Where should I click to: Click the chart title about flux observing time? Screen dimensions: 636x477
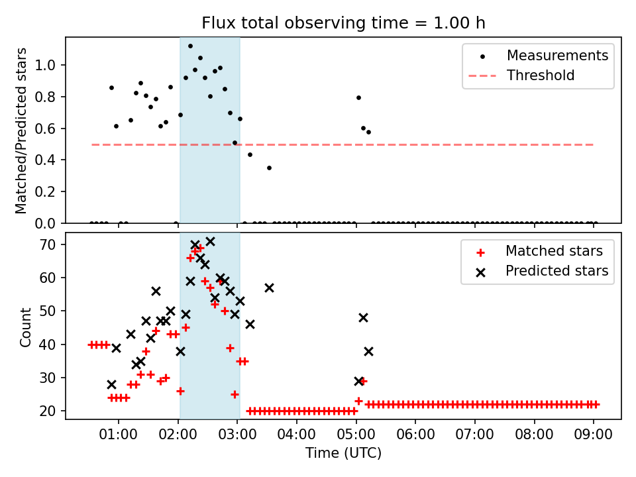click(x=344, y=23)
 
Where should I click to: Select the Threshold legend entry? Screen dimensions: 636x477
click(x=521, y=76)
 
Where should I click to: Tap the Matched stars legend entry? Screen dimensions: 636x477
click(x=539, y=251)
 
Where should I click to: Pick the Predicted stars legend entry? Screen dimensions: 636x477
click(x=542, y=271)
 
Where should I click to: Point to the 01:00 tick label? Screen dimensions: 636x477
click(x=118, y=435)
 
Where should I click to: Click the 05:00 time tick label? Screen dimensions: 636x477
click(x=356, y=435)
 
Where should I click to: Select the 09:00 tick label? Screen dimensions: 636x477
click(x=594, y=435)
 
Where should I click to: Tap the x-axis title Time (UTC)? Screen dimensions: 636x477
click(x=344, y=453)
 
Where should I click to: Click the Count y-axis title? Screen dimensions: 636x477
click(x=25, y=327)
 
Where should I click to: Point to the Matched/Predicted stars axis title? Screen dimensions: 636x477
click(x=21, y=131)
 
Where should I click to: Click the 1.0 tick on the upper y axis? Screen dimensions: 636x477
click(x=45, y=65)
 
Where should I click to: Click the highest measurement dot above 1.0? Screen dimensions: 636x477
click(x=190, y=46)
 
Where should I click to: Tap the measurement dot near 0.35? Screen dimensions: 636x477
click(x=269, y=168)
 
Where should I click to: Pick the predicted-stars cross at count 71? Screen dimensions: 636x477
click(x=210, y=242)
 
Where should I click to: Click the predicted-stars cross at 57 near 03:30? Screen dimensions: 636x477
click(x=269, y=288)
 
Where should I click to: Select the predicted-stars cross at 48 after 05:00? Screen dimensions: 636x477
click(x=363, y=317)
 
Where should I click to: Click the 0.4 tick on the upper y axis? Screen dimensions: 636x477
click(x=45, y=160)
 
